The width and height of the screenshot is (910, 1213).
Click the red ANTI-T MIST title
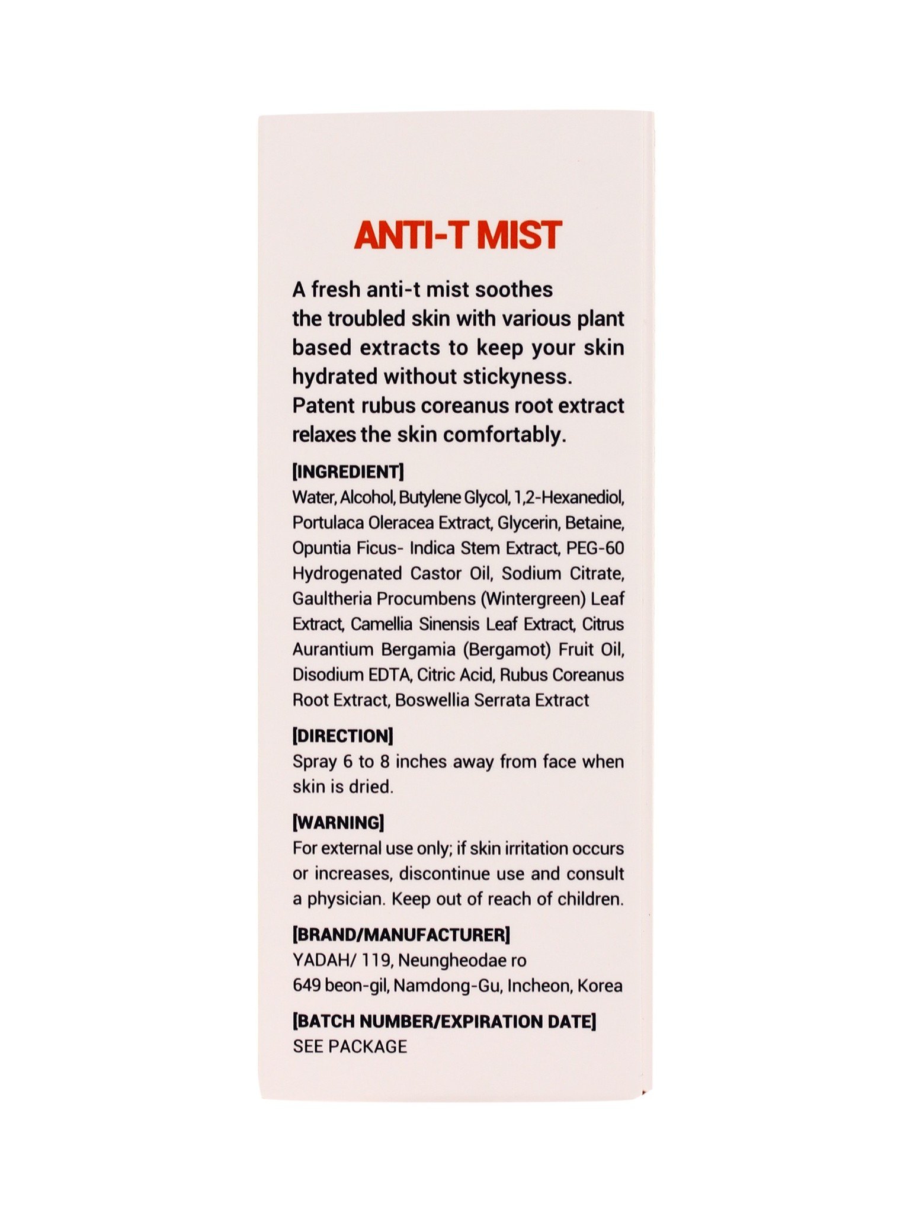457,235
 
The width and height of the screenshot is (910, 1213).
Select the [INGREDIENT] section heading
348,472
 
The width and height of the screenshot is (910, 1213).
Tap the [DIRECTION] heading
342,736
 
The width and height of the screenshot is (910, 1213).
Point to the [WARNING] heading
338,823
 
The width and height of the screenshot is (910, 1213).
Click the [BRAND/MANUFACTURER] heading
401,935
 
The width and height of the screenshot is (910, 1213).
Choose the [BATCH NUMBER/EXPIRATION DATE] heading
444,1021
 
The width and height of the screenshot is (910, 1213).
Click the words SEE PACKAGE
350,1047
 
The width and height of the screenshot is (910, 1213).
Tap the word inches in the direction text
421,761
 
